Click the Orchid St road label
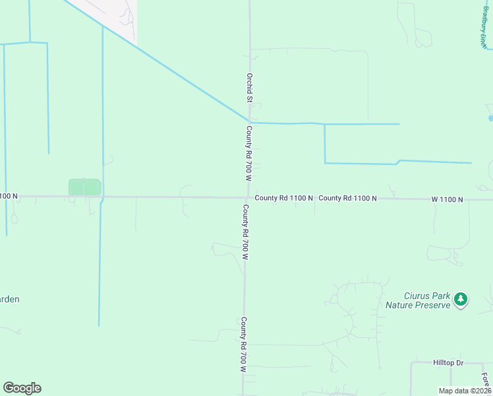click(x=250, y=88)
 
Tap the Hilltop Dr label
click(x=449, y=363)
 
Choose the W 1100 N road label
click(x=448, y=199)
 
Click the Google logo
click(x=22, y=388)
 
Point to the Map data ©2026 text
click(x=465, y=390)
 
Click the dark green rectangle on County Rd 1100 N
click(x=84, y=187)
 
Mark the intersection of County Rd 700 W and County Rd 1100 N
click(x=246, y=197)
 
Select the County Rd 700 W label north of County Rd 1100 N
click(x=250, y=154)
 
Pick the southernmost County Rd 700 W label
click(x=243, y=345)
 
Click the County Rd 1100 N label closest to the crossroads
click(x=283, y=197)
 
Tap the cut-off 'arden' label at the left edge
click(x=9, y=299)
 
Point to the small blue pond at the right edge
click(x=490, y=118)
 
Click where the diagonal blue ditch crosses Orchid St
click(x=248, y=121)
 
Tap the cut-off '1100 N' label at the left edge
click(x=9, y=196)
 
